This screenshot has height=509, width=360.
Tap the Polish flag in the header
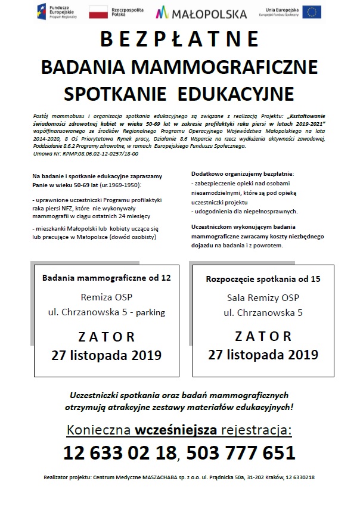click(98, 11)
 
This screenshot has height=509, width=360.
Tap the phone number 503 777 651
click(241, 452)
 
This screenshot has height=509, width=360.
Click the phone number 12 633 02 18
click(120, 452)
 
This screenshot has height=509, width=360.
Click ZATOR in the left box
click(106, 336)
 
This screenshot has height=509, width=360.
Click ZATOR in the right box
click(263, 336)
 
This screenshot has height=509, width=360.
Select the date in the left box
click(106, 356)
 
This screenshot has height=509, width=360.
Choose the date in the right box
click(263, 355)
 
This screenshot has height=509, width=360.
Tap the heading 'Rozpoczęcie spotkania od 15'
click(263, 278)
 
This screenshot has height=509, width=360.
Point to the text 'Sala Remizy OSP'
click(263, 297)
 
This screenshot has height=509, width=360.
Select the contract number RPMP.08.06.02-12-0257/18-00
click(96, 153)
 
